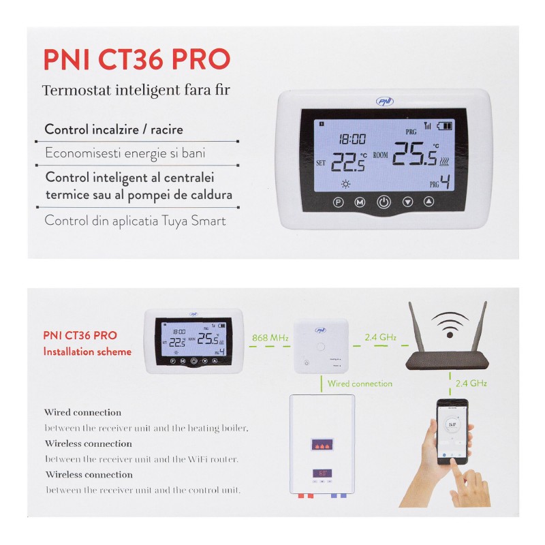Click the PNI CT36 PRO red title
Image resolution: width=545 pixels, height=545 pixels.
pyautogui.click(x=137, y=59)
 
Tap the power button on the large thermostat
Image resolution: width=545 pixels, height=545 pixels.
pyautogui.click(x=384, y=202)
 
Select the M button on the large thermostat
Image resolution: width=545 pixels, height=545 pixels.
pyautogui.click(x=360, y=202)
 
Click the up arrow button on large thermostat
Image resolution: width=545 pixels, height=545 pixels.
pyautogui.click(x=429, y=202)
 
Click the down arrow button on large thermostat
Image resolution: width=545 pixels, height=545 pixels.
pyautogui.click(x=407, y=202)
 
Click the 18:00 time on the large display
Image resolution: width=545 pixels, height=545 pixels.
pyautogui.click(x=353, y=139)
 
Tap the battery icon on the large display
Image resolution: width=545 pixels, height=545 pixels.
pyautogui.click(x=444, y=126)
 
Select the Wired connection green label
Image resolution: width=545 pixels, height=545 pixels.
pyautogui.click(x=360, y=384)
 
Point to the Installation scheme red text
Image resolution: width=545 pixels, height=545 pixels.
pyautogui.click(x=87, y=352)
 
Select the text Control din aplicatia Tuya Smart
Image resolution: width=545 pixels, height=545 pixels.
pyautogui.click(x=135, y=221)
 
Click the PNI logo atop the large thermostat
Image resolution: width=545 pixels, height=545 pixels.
pyautogui.click(x=384, y=102)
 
